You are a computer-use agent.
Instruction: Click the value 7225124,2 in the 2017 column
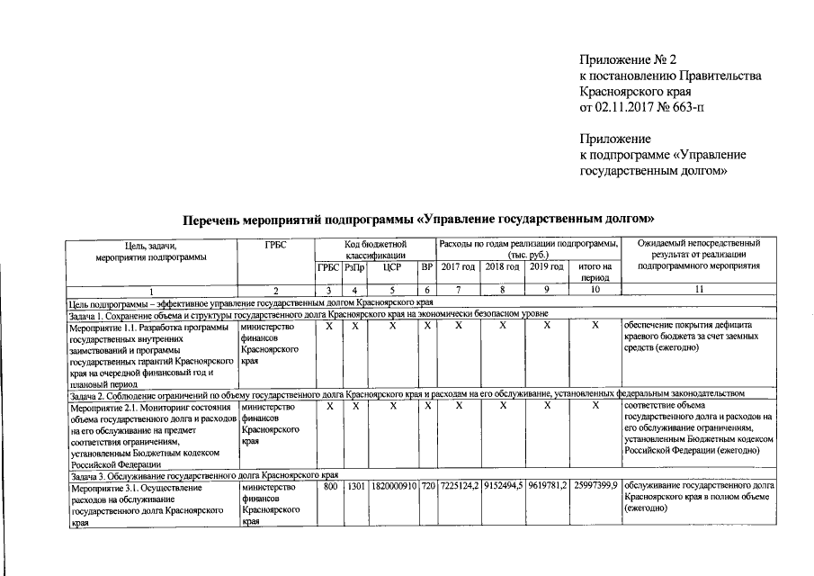(458, 486)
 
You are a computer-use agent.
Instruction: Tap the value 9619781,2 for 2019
(548, 486)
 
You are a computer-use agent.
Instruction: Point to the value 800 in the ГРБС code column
(329, 486)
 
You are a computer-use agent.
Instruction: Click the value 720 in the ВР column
(428, 486)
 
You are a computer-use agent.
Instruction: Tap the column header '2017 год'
(458, 267)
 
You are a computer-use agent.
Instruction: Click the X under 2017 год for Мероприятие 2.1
(458, 407)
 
